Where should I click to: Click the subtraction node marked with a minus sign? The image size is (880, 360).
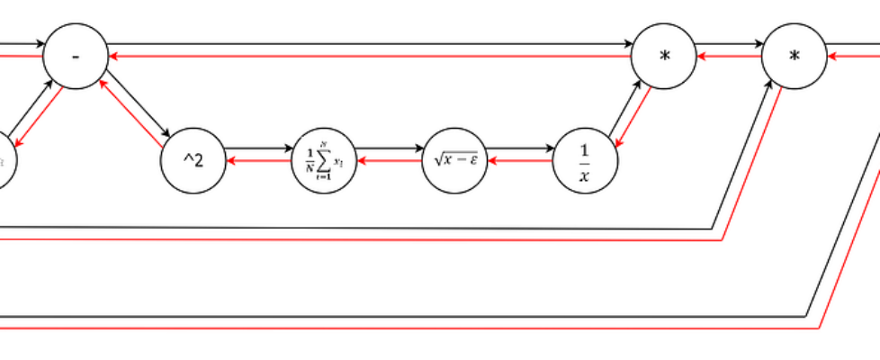[x=76, y=57]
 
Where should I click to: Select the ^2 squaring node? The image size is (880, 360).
[x=193, y=160]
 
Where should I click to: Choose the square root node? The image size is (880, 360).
[x=455, y=160]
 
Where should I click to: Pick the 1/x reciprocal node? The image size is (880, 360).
[x=586, y=160]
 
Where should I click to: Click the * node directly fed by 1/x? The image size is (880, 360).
[x=664, y=57]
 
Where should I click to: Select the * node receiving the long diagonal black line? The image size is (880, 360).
[x=794, y=57]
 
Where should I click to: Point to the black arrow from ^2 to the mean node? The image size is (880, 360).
[x=258, y=147]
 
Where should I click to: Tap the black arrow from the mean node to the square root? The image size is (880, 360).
[x=389, y=147]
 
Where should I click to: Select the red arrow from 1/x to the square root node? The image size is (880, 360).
[x=520, y=161]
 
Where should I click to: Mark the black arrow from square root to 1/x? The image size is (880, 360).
[x=520, y=147]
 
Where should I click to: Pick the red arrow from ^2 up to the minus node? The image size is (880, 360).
[x=130, y=112]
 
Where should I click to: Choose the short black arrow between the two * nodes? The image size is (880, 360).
[x=729, y=43]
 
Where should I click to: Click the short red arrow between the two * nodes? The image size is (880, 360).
[x=729, y=57]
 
